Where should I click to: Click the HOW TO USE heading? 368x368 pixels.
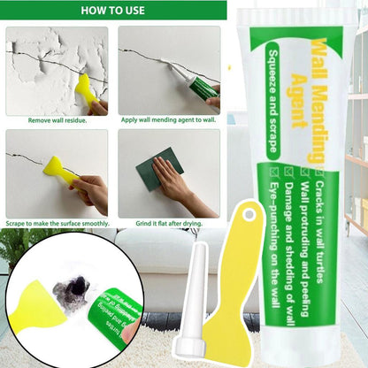coord(113,11)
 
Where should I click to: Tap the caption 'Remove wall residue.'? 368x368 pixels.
coord(57,119)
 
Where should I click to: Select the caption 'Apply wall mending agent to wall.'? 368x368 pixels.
coord(169,119)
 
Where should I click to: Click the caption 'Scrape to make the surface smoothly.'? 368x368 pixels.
coord(57,224)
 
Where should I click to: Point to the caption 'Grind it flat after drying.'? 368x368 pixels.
coord(169,224)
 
